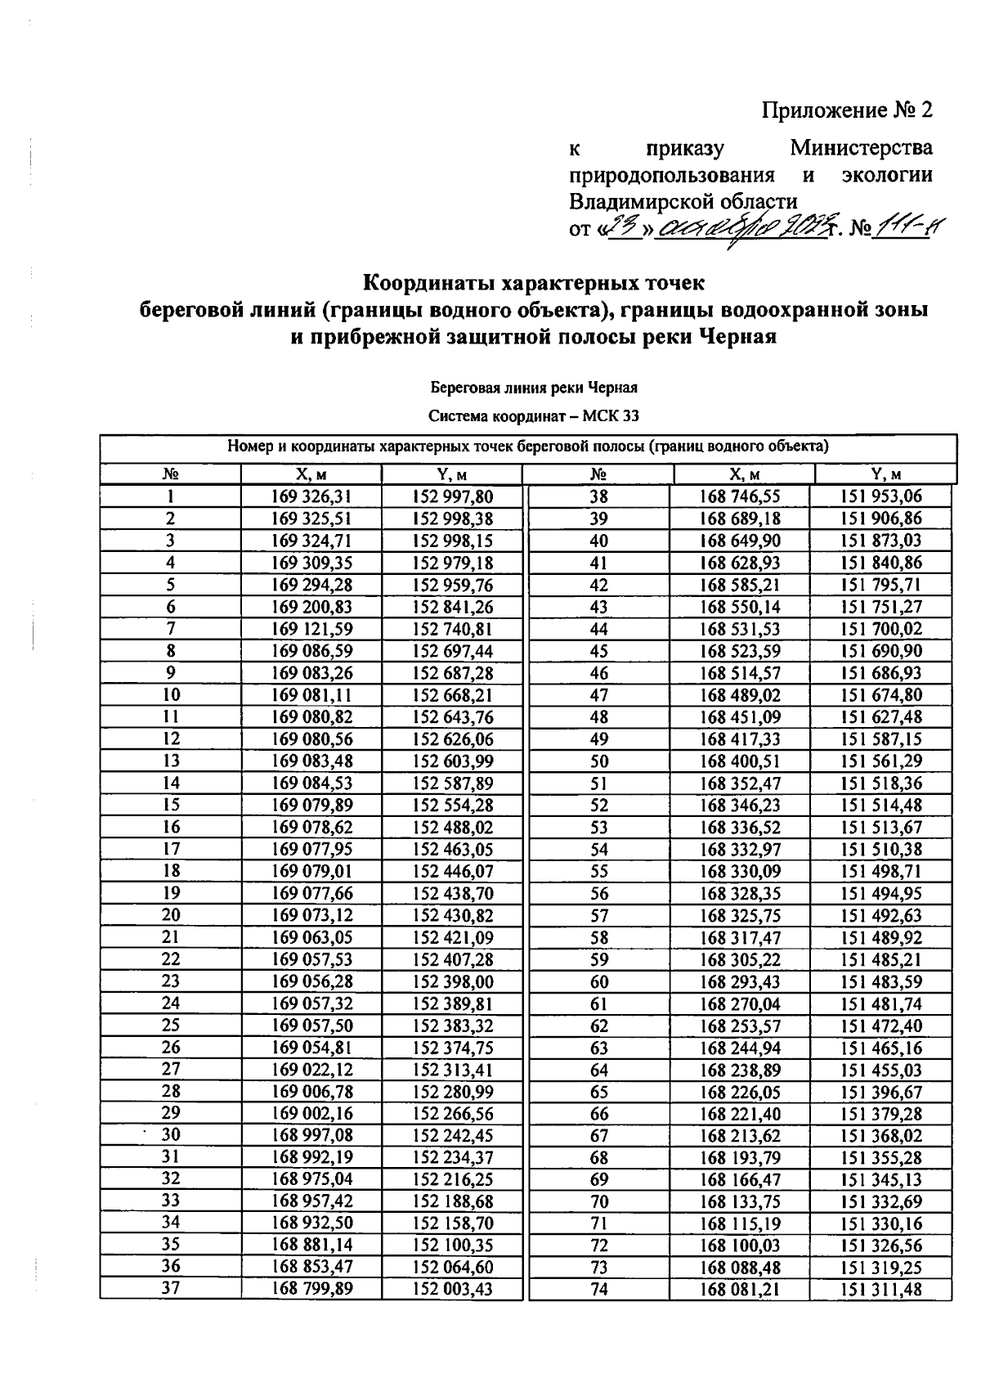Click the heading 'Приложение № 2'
click(x=847, y=110)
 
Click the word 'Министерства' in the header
click(x=861, y=149)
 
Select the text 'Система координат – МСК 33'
click(x=534, y=416)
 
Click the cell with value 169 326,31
click(x=311, y=496)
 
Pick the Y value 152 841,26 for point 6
click(x=452, y=607)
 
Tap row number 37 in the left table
click(x=171, y=1289)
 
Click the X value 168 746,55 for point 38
click(x=740, y=496)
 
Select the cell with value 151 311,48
click(x=880, y=1290)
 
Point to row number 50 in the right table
click(x=599, y=761)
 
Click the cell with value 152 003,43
click(x=452, y=1290)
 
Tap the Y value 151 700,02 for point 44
click(x=880, y=629)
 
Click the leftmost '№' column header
click(x=171, y=474)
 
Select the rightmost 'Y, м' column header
click(x=886, y=474)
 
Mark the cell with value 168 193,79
click(x=740, y=1158)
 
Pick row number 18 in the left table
click(x=171, y=871)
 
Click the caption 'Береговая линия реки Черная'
click(x=534, y=388)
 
